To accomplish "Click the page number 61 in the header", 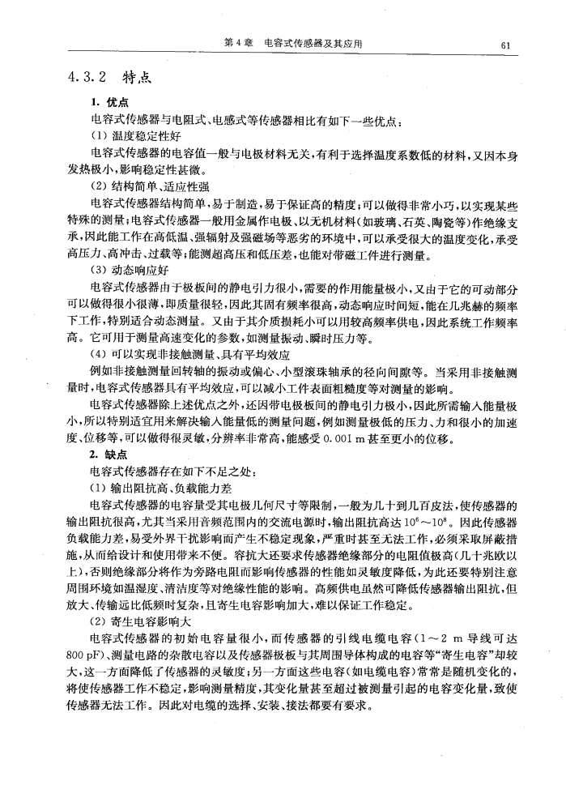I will (x=504, y=45).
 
